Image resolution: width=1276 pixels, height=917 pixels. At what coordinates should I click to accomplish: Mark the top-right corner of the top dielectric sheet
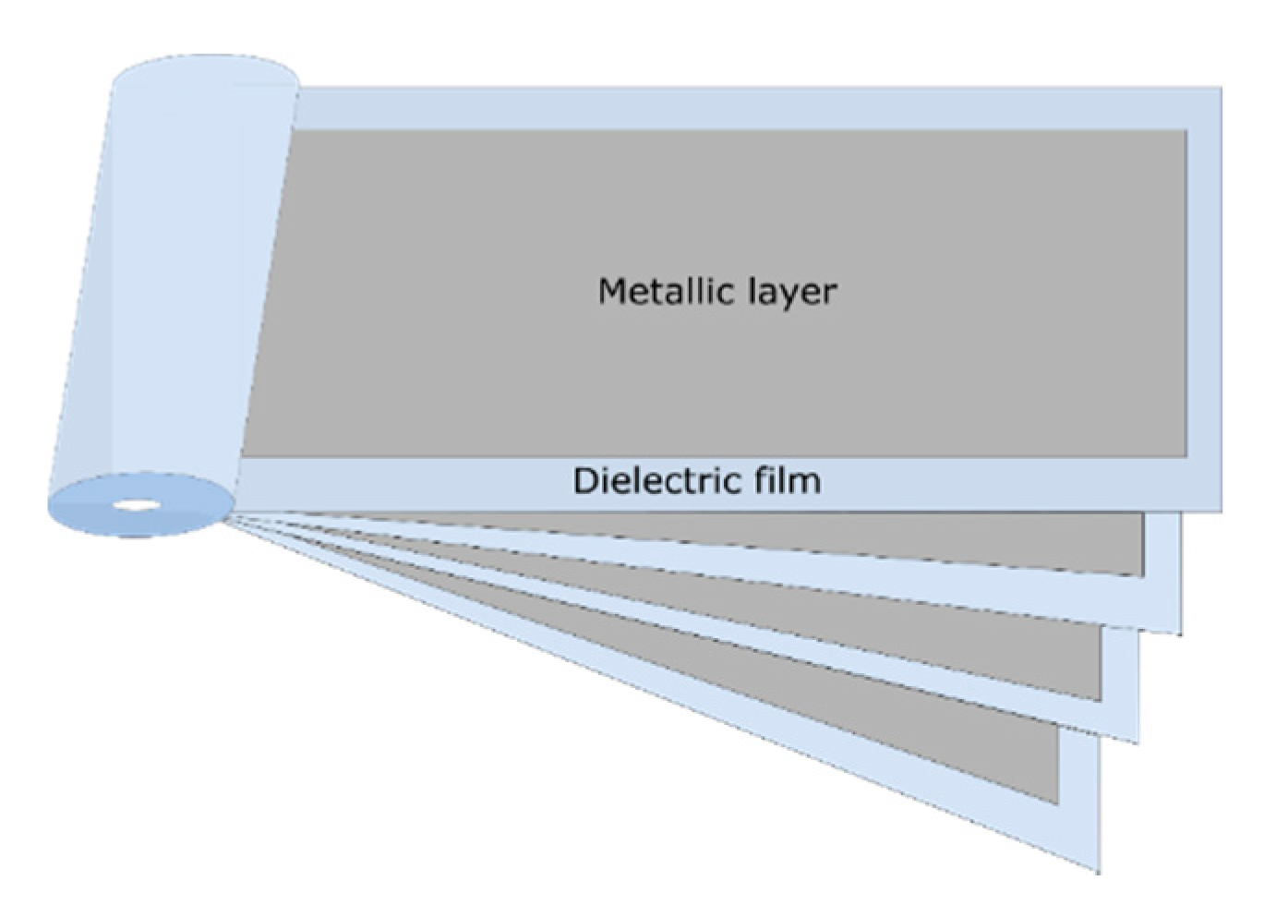[1221, 90]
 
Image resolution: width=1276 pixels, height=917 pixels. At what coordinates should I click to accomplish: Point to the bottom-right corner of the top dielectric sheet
[1221, 509]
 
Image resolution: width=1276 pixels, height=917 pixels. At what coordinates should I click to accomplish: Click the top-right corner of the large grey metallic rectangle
[1186, 131]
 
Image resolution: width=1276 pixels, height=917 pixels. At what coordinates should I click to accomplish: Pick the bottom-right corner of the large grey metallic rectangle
[1186, 455]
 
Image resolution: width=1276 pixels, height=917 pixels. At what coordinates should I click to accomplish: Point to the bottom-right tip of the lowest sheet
[1098, 871]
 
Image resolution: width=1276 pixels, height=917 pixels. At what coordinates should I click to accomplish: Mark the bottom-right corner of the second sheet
[1180, 633]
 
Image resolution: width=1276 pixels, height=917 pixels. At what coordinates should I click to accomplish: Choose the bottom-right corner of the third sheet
[1138, 741]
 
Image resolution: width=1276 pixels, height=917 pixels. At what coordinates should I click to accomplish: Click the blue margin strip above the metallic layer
[739, 110]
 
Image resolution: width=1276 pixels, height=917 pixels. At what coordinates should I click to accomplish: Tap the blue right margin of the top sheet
[1203, 296]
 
